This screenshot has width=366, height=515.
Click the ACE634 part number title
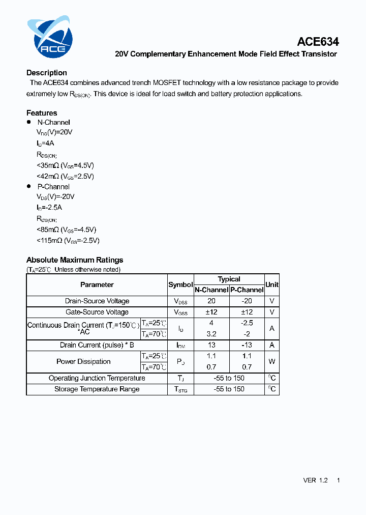tap(318, 42)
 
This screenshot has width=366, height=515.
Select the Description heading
tap(47, 73)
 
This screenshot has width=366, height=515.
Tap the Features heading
tap(42, 113)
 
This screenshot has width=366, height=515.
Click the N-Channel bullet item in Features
tap(53, 123)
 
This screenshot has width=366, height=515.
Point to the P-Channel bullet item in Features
tap(53, 187)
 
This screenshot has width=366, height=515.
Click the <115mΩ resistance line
tap(68, 240)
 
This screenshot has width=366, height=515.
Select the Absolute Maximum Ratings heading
tap(75, 260)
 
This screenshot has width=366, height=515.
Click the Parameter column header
tap(97, 285)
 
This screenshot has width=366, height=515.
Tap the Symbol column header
tap(180, 285)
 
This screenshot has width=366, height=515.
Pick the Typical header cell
tap(229, 279)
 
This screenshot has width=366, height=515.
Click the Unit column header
tap(272, 285)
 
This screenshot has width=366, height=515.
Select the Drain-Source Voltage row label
tap(97, 301)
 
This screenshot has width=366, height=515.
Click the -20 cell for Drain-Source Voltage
tap(247, 301)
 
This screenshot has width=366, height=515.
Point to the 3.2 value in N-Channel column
tap(211, 334)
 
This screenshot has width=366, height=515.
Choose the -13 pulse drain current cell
tap(247, 346)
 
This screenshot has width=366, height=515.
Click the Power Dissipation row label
tap(83, 362)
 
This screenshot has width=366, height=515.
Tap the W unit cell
tap(272, 362)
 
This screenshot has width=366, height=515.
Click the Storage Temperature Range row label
tap(97, 389)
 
